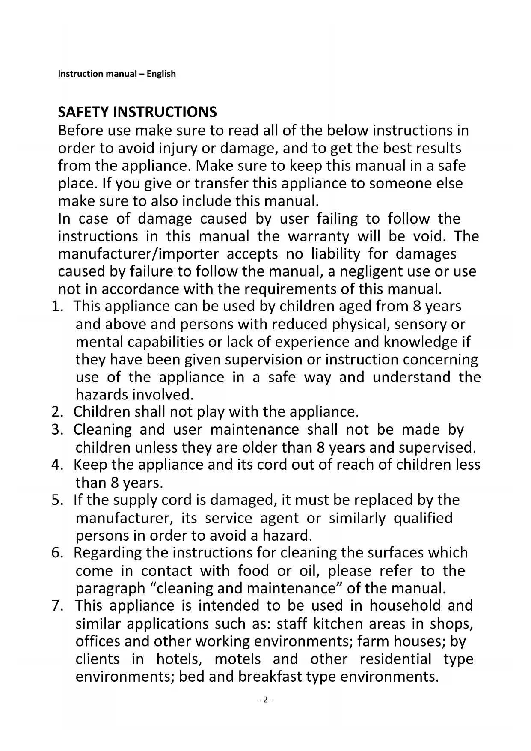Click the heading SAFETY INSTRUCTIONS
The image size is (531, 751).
click(x=137, y=112)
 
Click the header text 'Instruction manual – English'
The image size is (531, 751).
click(x=116, y=74)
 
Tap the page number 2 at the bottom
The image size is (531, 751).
click(x=265, y=700)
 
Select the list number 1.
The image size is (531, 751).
click(x=56, y=307)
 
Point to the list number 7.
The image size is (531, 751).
click(x=56, y=606)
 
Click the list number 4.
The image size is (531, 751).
click(x=56, y=465)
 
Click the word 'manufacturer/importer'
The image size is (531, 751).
click(x=138, y=254)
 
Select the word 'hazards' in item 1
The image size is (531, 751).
click(x=102, y=394)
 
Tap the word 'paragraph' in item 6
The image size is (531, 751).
click(x=110, y=589)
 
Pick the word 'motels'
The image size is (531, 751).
click(x=237, y=659)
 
